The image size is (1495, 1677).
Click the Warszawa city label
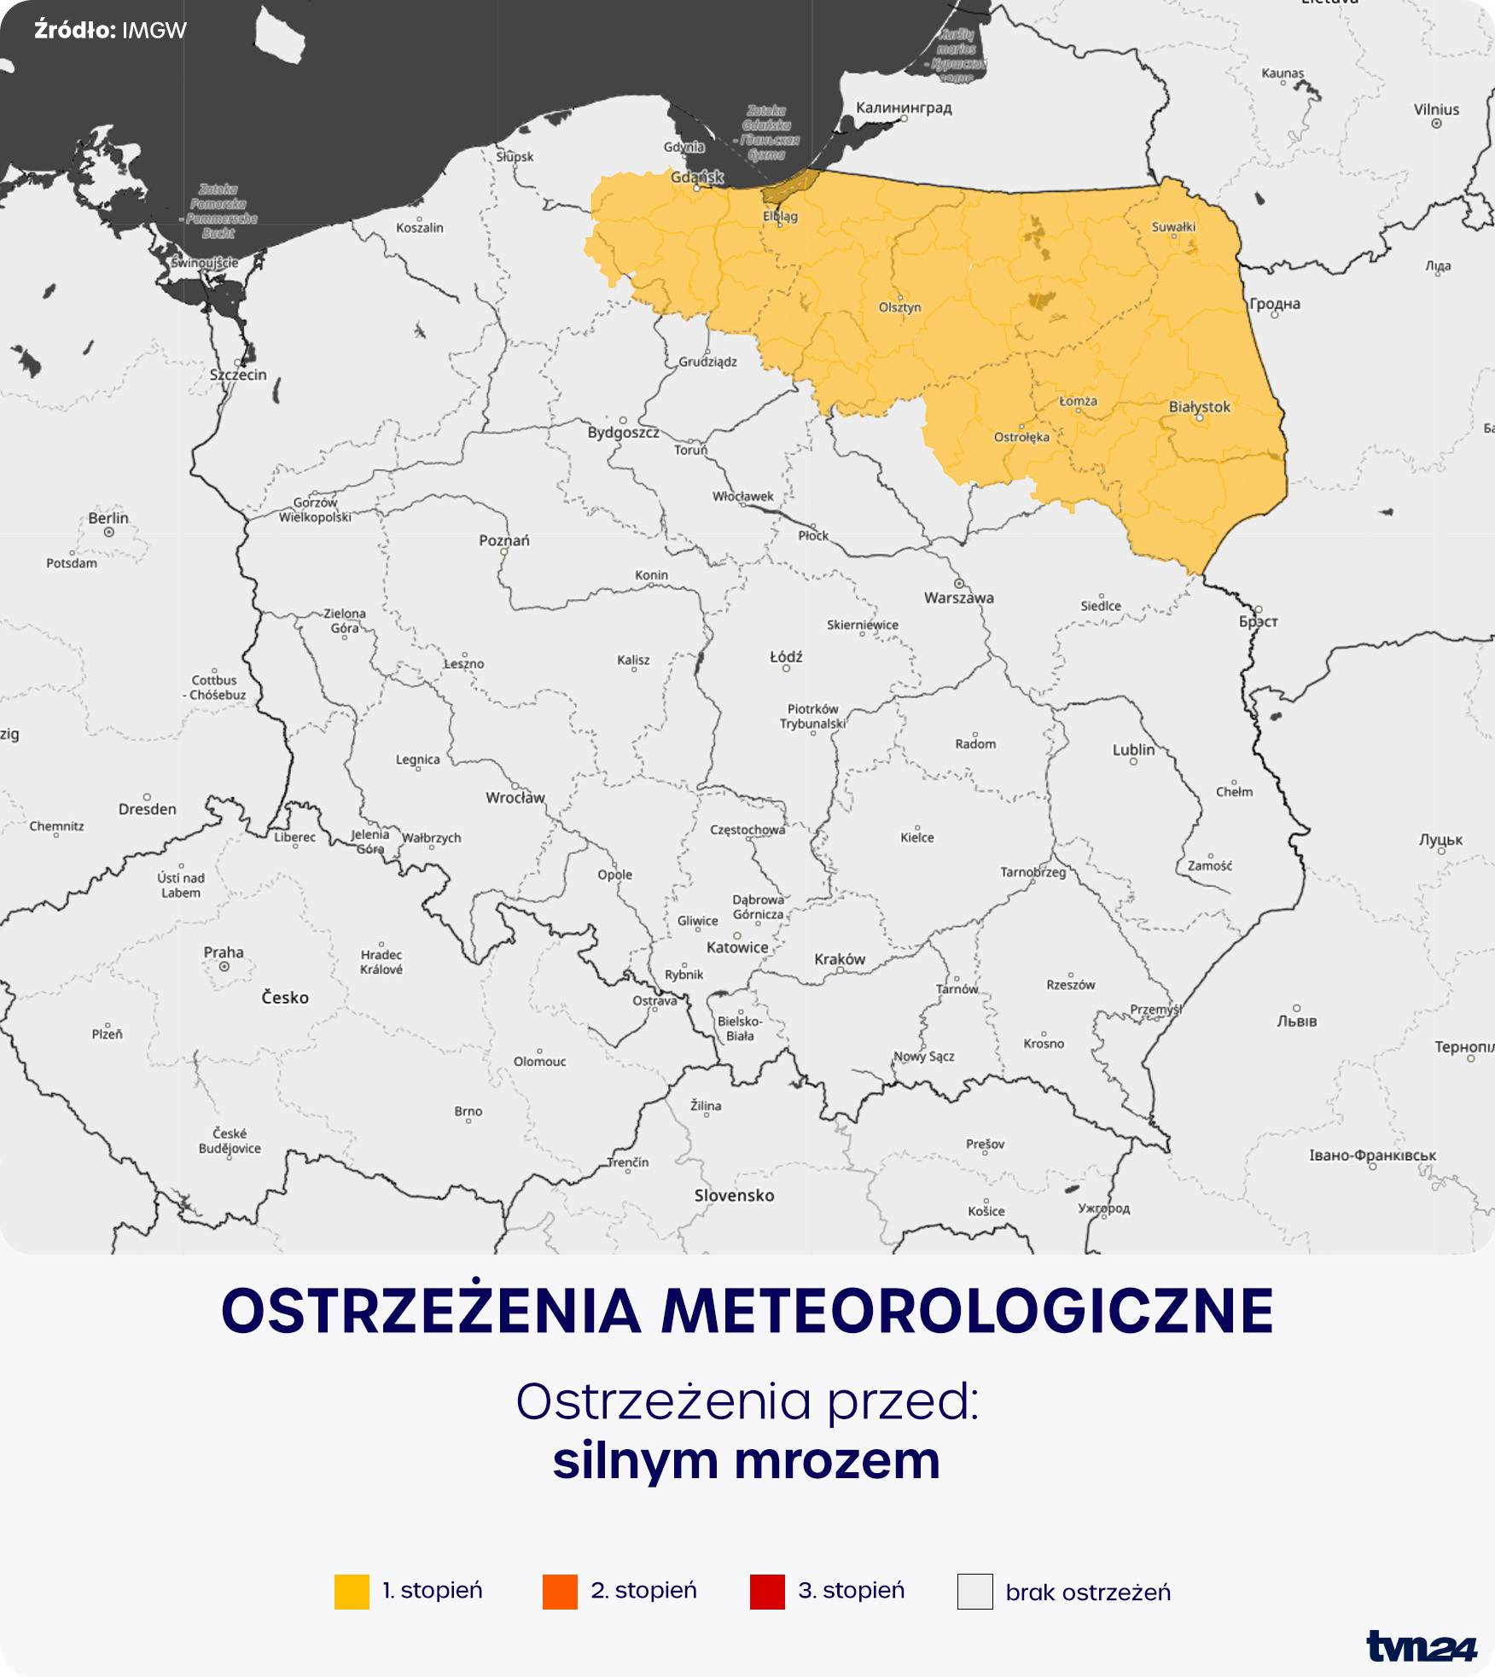[x=958, y=597]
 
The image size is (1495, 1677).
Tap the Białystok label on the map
[x=1199, y=407]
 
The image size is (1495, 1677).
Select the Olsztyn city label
[x=899, y=307]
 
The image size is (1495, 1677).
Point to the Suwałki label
[x=1173, y=227]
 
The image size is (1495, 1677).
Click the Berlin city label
[x=108, y=518]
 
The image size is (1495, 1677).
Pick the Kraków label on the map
[x=840, y=959]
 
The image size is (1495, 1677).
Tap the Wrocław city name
[x=515, y=798]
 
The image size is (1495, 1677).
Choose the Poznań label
[x=504, y=540]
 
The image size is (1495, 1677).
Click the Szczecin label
[x=238, y=375]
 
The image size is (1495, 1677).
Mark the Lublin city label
[x=1133, y=750]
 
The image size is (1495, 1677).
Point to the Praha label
[x=224, y=952]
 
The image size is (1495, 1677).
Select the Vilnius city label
[x=1436, y=110]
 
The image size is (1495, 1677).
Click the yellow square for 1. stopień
[x=352, y=1592]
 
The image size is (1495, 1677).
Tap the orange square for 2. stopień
[x=560, y=1592]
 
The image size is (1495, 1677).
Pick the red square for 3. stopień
[x=767, y=1592]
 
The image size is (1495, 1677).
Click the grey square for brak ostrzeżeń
[x=974, y=1592]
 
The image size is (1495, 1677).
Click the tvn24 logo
[x=1421, y=1646]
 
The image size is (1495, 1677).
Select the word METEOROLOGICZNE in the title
[x=968, y=1311]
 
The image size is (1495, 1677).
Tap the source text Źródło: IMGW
[x=110, y=31]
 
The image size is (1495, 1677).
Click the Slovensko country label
[x=734, y=1196]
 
